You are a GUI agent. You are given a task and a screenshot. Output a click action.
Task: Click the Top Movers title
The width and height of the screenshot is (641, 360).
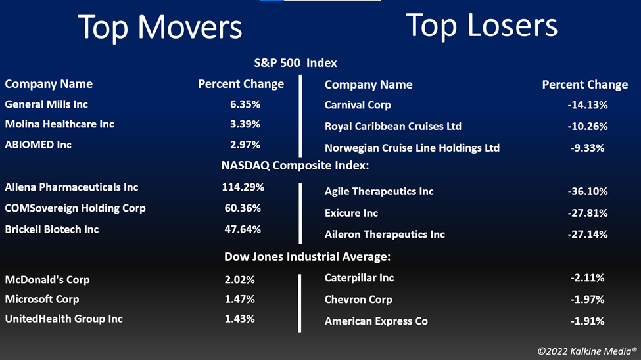[160, 28]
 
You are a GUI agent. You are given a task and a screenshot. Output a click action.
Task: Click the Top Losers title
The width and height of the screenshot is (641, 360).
[481, 25]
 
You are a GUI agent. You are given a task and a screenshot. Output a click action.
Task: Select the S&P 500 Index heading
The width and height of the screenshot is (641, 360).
[296, 63]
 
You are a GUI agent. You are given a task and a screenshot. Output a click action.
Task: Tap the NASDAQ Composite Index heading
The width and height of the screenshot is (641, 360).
[295, 166]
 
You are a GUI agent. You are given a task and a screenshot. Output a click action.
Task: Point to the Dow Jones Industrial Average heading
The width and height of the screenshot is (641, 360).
[308, 257]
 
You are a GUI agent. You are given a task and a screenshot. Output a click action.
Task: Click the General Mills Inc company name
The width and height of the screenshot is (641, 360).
[46, 104]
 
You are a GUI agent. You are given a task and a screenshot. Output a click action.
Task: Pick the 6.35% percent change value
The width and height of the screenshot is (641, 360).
[245, 104]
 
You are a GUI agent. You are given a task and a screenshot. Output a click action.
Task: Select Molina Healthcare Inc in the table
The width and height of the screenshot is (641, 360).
[59, 124]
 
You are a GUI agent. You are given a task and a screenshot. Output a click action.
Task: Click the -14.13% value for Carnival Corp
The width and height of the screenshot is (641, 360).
[588, 105]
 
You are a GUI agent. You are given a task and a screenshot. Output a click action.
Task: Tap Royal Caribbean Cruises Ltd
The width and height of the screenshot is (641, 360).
[393, 126]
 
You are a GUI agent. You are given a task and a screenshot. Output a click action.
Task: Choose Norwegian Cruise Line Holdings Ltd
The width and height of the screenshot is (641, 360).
[412, 148]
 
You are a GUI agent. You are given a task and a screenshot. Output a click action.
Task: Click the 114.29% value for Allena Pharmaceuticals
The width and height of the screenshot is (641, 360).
[243, 187]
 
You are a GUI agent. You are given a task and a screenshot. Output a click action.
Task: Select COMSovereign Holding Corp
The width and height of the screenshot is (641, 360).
[75, 208]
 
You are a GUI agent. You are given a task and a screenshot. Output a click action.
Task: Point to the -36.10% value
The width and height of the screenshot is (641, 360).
[588, 191]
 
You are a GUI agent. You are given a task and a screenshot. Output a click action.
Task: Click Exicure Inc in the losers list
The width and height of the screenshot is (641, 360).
[351, 213]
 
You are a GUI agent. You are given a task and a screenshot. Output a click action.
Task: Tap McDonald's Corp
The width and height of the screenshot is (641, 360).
[47, 279]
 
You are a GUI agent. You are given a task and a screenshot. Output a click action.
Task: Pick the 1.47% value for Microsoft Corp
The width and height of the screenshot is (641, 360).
[239, 299]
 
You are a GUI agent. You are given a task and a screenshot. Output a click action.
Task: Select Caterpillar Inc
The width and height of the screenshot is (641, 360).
[360, 278]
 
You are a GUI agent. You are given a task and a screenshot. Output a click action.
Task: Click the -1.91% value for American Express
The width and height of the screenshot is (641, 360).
[588, 321]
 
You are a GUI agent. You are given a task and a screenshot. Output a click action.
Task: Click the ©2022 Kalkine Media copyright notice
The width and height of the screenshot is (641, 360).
[587, 351]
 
